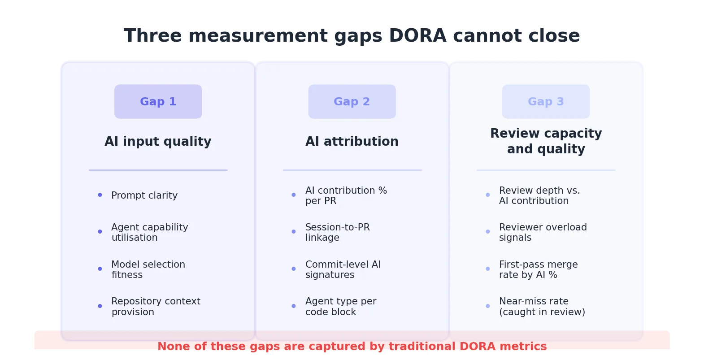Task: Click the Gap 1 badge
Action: coord(158,102)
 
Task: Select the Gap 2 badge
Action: coord(352,102)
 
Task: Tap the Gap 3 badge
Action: coord(546,102)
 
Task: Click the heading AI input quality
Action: coord(158,142)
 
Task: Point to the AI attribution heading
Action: coord(352,142)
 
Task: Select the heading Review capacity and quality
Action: coord(546,141)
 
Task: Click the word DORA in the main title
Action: coord(417,36)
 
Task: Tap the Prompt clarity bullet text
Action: coord(144,195)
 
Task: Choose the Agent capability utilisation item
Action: coord(149,232)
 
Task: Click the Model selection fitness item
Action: coord(148,269)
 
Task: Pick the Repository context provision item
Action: coord(156,307)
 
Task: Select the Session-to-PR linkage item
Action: coord(337,232)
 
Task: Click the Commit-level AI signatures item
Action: coord(343,269)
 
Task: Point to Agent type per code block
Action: coord(340,307)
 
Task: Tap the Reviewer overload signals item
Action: coord(543,232)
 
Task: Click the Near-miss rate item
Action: coord(542,307)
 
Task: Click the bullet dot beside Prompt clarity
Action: coord(100,195)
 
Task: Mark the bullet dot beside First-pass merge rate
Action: coord(487,269)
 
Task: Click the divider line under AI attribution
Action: coord(352,170)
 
